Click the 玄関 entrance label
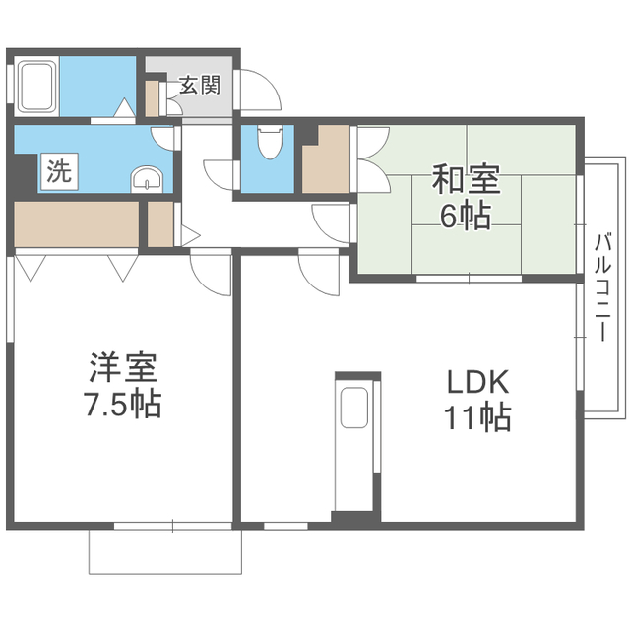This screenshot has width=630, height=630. click(200, 85)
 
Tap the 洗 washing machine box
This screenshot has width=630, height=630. click(59, 171)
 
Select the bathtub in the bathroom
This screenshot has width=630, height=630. click(37, 86)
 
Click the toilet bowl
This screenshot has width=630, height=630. click(270, 141)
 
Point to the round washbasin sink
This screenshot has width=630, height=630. click(147, 179)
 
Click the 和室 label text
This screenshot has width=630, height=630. click(466, 179)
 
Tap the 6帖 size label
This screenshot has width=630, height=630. click(466, 216)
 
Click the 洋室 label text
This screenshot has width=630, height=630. click(122, 367)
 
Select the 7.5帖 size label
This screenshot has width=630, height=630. click(122, 404)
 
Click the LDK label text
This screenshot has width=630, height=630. click(477, 382)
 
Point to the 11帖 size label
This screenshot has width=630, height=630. click(477, 416)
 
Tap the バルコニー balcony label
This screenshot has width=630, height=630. click(602, 287)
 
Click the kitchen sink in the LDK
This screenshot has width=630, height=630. click(354, 407)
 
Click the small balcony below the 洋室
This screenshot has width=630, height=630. click(165, 551)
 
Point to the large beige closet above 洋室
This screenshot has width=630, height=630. click(77, 223)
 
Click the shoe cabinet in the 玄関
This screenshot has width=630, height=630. click(152, 98)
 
